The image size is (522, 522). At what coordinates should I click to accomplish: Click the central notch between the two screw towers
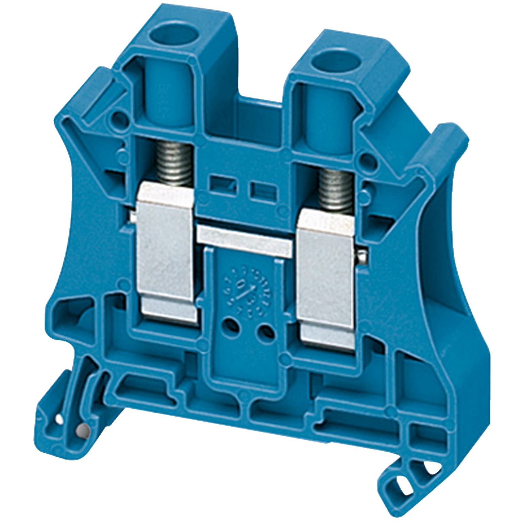coord(260,112)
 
